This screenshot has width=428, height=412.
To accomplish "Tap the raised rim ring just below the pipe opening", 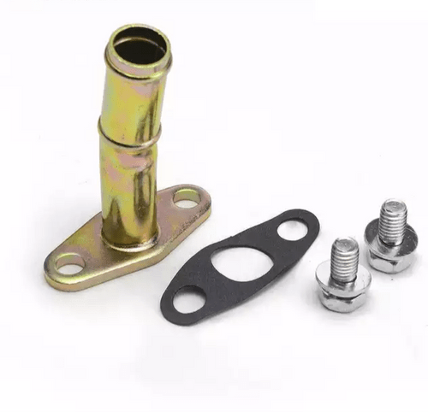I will tap(138, 69).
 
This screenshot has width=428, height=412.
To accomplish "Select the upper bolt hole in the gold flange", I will tap(187, 198).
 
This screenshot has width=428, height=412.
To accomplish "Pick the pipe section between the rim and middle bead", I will tap(134, 101).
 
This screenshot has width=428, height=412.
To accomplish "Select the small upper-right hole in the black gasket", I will tap(292, 229).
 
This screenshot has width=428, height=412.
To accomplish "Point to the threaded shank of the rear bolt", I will tap(391, 221).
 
